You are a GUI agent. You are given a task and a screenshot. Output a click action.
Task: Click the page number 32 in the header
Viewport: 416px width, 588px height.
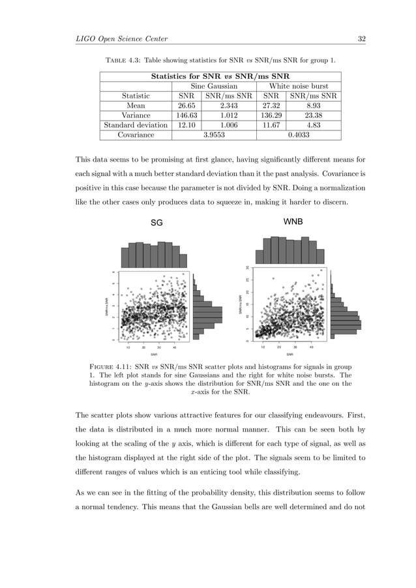[361, 38]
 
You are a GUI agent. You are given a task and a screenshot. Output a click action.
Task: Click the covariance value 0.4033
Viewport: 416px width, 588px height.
[298, 135]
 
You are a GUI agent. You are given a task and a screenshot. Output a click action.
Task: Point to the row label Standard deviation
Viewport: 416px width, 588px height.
[136, 125]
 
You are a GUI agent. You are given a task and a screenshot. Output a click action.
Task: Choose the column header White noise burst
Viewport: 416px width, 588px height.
[299, 85]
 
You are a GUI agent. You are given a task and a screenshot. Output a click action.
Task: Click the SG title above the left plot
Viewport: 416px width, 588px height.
[156, 223]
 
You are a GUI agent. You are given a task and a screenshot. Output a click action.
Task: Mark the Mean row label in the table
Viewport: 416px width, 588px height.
[136, 105]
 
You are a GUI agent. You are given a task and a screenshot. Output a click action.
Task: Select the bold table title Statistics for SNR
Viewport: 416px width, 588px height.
[220, 76]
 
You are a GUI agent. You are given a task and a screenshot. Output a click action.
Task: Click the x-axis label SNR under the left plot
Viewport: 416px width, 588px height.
[154, 355]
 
